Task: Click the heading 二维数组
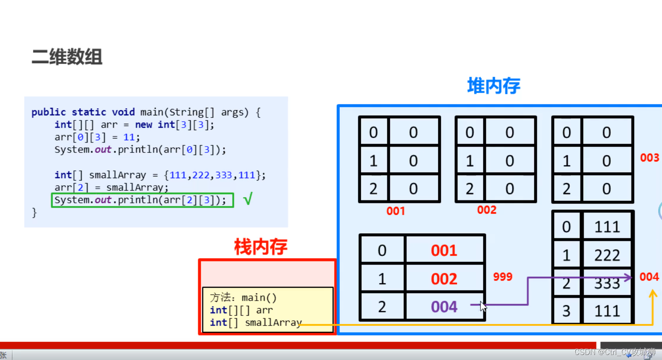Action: pyautogui.click(x=67, y=56)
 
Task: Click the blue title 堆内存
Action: pyautogui.click(x=494, y=86)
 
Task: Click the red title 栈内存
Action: pyautogui.click(x=261, y=247)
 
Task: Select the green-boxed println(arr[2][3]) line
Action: pyautogui.click(x=142, y=200)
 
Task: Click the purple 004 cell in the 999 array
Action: pyautogui.click(x=444, y=307)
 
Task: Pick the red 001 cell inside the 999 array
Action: pyautogui.click(x=444, y=251)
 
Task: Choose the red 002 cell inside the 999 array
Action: pyautogui.click(x=444, y=279)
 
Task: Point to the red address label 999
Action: pyautogui.click(x=502, y=277)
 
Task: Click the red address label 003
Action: pyautogui.click(x=649, y=158)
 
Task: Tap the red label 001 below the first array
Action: pyautogui.click(x=395, y=211)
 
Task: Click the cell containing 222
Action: pyautogui.click(x=607, y=255)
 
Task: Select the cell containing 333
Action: pyautogui.click(x=607, y=283)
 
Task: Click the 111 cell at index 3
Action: pyautogui.click(x=607, y=311)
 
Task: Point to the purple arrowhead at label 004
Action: pyautogui.click(x=628, y=277)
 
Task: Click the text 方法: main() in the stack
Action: pyautogui.click(x=243, y=298)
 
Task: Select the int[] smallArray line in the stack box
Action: pyautogui.click(x=256, y=323)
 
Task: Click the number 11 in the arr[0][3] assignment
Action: pyautogui.click(x=128, y=137)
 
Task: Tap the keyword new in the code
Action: pyautogui.click(x=143, y=125)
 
